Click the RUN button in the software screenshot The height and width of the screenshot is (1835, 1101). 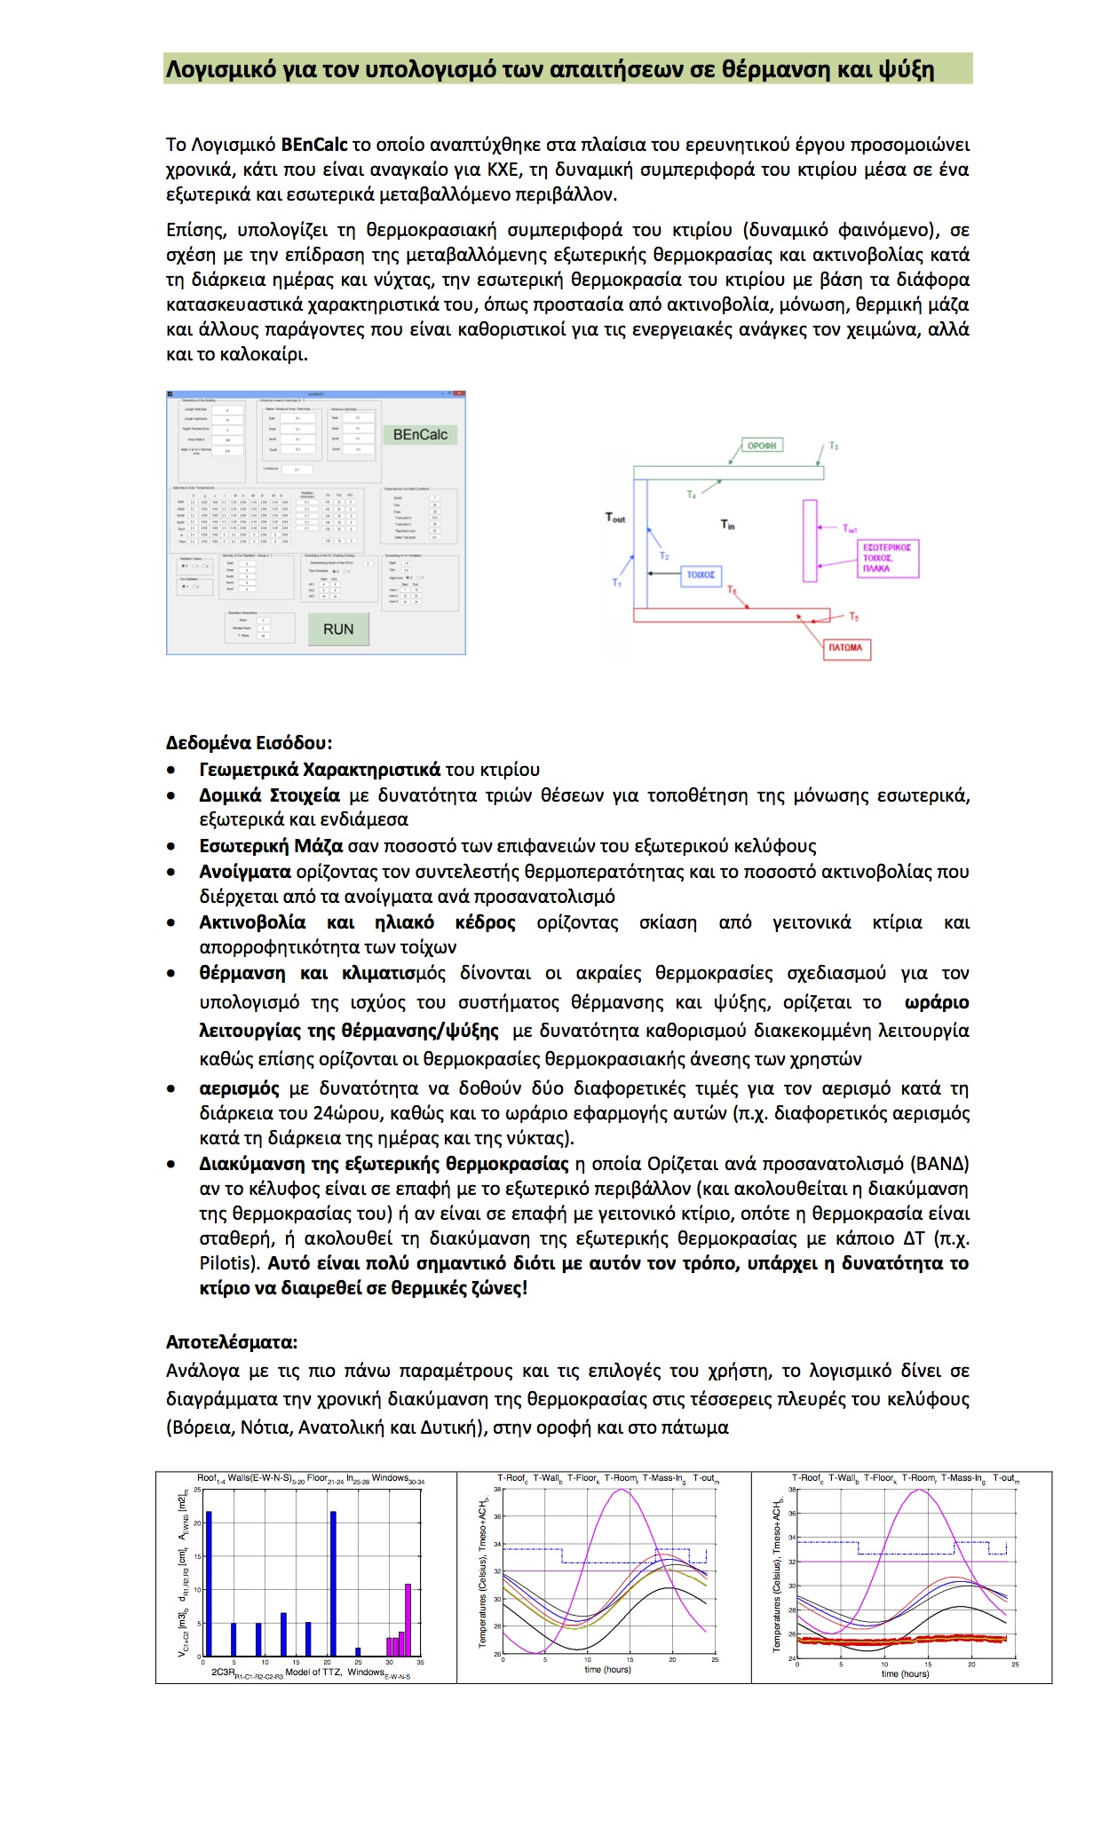[x=338, y=629]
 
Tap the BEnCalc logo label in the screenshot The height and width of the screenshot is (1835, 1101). [x=420, y=434]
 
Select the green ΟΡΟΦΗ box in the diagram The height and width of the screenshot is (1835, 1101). [x=762, y=446]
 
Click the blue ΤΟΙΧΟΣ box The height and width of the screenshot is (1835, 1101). [x=701, y=574]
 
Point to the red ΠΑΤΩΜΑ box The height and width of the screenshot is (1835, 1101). [x=845, y=647]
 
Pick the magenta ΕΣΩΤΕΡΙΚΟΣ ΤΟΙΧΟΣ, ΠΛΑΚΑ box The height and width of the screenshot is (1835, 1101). [x=887, y=558]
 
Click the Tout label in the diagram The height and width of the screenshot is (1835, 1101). [x=615, y=518]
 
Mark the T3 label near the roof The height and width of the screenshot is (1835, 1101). [x=834, y=446]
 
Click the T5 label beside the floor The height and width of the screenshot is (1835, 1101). [x=853, y=616]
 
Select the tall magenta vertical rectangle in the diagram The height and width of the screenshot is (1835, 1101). [x=810, y=541]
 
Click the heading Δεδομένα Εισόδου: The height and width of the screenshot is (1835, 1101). [x=249, y=742]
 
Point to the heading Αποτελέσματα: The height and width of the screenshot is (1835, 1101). [x=232, y=1341]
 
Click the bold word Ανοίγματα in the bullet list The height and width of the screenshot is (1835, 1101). [x=245, y=872]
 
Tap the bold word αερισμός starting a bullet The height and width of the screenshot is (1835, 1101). [x=239, y=1088]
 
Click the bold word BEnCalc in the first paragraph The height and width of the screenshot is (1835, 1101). [x=314, y=145]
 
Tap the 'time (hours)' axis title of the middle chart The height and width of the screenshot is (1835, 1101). [x=608, y=1669]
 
